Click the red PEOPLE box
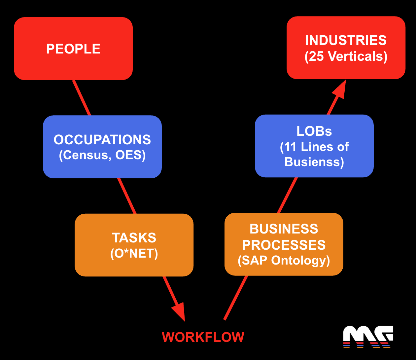[73, 49]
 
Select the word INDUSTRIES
[346, 40]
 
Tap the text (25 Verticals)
[346, 56]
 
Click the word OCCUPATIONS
[102, 140]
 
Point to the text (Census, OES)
[102, 155]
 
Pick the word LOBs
[314, 131]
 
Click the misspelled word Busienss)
[314, 162]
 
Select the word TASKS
[134, 238]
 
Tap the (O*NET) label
[134, 253]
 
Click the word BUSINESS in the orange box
[284, 229]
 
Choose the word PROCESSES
[284, 245]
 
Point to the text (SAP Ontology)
[284, 260]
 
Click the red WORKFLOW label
[203, 337]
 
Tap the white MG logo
[368, 337]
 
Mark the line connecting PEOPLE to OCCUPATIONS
[82, 98]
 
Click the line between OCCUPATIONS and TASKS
[127, 196]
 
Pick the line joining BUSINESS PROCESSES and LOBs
[287, 195]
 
